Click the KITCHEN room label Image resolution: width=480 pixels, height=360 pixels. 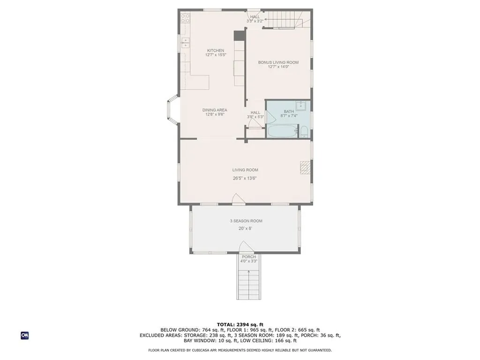point(216,50)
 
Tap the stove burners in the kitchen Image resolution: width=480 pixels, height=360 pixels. point(185,19)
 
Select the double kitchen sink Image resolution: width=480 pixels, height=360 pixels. point(185,44)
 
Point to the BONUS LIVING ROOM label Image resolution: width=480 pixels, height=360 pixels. point(278,62)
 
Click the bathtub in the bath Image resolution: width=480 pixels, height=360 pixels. point(282,131)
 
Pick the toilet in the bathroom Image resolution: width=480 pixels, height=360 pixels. point(304,131)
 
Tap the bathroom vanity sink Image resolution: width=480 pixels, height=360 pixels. point(300,105)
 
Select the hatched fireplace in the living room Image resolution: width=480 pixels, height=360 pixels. point(305,167)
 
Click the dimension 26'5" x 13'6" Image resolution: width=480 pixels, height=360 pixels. point(245,178)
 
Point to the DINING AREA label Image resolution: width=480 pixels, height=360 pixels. point(215,110)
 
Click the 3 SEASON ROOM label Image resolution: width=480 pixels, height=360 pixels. point(246,221)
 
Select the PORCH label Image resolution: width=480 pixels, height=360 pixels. point(248,257)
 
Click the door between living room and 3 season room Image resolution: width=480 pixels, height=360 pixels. point(239,200)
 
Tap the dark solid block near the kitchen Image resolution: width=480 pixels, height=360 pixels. point(239,35)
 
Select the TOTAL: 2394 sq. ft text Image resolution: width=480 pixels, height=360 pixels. point(240,324)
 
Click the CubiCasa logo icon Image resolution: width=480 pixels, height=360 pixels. point(24,335)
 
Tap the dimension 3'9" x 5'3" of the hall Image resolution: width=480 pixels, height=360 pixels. point(255,117)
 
